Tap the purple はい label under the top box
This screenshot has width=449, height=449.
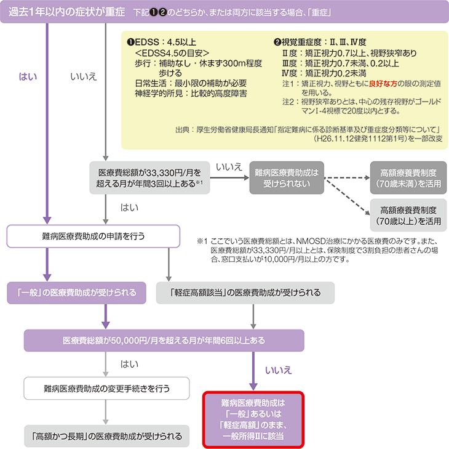click(28, 76)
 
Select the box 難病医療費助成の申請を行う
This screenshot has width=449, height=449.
click(93, 235)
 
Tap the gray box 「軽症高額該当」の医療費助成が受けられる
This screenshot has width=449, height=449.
click(245, 293)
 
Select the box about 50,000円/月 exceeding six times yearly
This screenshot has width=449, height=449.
click(164, 340)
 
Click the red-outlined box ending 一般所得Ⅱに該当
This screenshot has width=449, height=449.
click(253, 419)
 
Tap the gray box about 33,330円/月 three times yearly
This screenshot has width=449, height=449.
click(146, 178)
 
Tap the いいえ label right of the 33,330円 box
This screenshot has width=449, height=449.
click(229, 167)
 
